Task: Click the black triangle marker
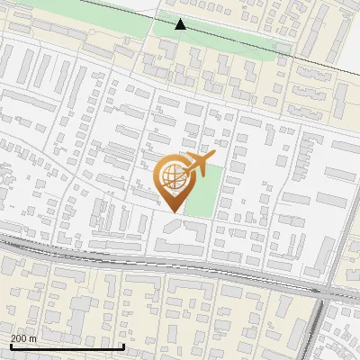click(181, 24)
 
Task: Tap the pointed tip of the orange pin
click(171, 211)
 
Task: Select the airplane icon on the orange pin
click(195, 165)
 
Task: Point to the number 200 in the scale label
click(20, 338)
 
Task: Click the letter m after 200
click(34, 338)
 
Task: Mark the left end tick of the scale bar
click(10, 345)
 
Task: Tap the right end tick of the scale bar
click(123, 345)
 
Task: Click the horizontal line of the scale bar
click(67, 346)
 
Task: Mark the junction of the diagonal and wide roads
click(324, 294)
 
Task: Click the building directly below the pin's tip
click(174, 237)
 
